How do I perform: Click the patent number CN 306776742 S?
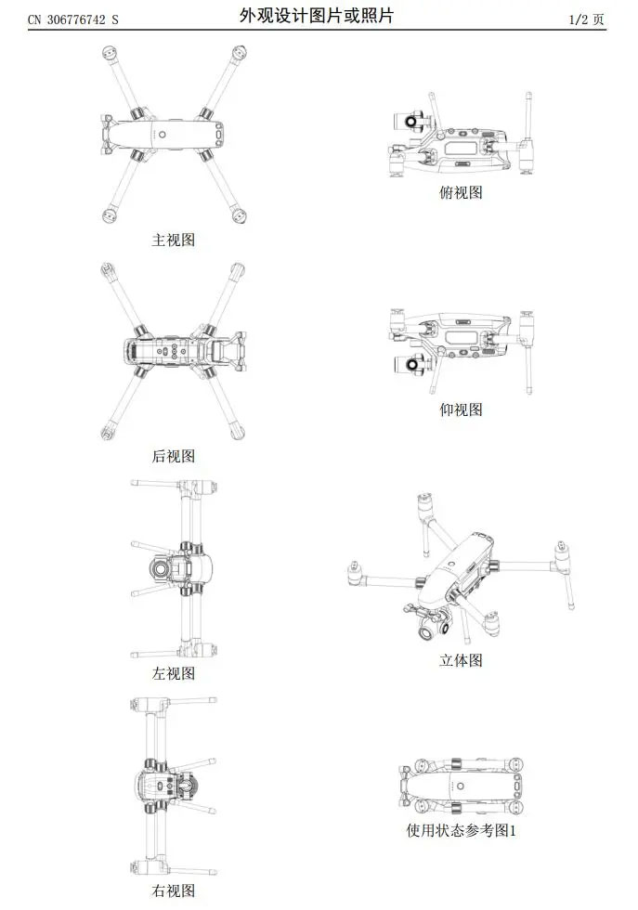73,19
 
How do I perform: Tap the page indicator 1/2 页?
586,19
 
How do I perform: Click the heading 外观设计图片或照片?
317,16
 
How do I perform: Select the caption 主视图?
173,240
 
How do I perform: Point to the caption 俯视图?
461,192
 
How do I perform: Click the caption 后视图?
173,456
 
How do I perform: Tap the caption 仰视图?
461,409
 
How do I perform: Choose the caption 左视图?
173,673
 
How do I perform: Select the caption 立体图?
461,660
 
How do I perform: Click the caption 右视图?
173,890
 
